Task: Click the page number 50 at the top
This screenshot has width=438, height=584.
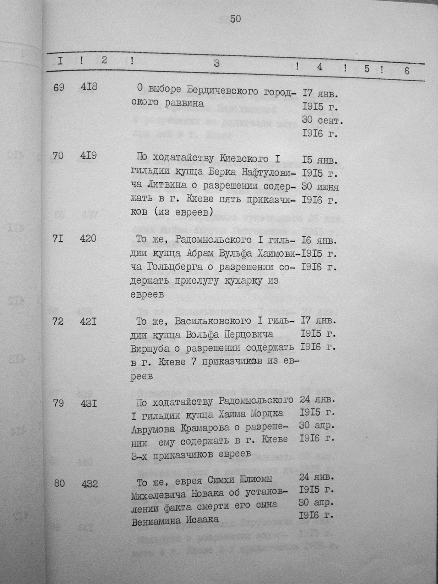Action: [235, 19]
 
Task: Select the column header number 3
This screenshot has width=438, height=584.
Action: [216, 64]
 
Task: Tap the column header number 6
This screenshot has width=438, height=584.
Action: [406, 71]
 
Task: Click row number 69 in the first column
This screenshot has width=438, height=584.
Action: [59, 88]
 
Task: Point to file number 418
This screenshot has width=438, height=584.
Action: [89, 87]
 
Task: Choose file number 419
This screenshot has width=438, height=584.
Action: [88, 155]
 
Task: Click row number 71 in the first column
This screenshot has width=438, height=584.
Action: [58, 239]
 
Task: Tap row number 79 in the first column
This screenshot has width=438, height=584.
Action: [58, 403]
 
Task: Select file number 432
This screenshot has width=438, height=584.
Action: [90, 484]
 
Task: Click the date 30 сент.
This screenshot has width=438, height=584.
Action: [323, 120]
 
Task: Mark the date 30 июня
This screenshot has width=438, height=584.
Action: [320, 187]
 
